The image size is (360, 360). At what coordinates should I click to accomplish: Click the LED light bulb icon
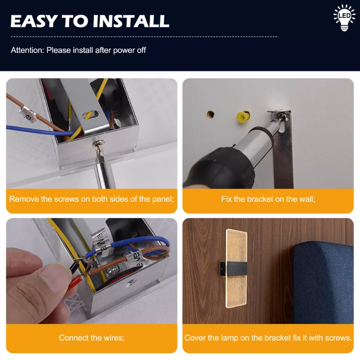pyautogui.click(x=344, y=18)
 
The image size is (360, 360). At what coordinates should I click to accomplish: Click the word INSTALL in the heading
pyautogui.click(x=131, y=21)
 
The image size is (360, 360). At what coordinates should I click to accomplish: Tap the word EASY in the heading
pyautogui.click(x=34, y=21)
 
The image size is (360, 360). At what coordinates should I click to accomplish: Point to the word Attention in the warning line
pyautogui.click(x=27, y=50)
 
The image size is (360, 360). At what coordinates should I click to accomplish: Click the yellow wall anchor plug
pyautogui.click(x=243, y=117)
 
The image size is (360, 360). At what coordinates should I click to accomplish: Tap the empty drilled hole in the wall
pyautogui.click(x=210, y=114)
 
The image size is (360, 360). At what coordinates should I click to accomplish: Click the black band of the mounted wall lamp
pyautogui.click(x=233, y=268)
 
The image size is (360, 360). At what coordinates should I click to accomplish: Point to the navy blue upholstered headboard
pyautogui.click(x=324, y=282)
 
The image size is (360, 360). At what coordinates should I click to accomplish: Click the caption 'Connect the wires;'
pyautogui.click(x=92, y=338)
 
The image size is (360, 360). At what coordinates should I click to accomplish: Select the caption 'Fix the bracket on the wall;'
pyautogui.click(x=268, y=199)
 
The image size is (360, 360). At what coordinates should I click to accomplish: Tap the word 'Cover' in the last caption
pyautogui.click(x=195, y=338)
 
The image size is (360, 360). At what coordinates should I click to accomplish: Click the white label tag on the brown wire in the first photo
pyautogui.click(x=28, y=114)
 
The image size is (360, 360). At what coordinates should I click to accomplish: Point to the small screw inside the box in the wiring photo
pyautogui.click(x=112, y=270)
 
